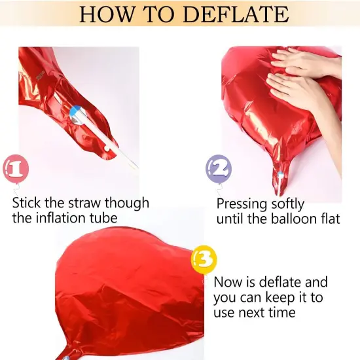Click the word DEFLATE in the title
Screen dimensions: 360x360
(236, 14)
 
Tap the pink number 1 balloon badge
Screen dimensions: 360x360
(16, 169)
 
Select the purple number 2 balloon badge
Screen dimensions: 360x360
(219, 170)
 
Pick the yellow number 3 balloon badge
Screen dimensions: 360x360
(204, 260)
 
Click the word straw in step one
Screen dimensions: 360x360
(84, 203)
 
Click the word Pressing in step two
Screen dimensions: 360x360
(242, 204)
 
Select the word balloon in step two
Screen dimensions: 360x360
(293, 219)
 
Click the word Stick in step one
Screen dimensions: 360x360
(26, 203)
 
